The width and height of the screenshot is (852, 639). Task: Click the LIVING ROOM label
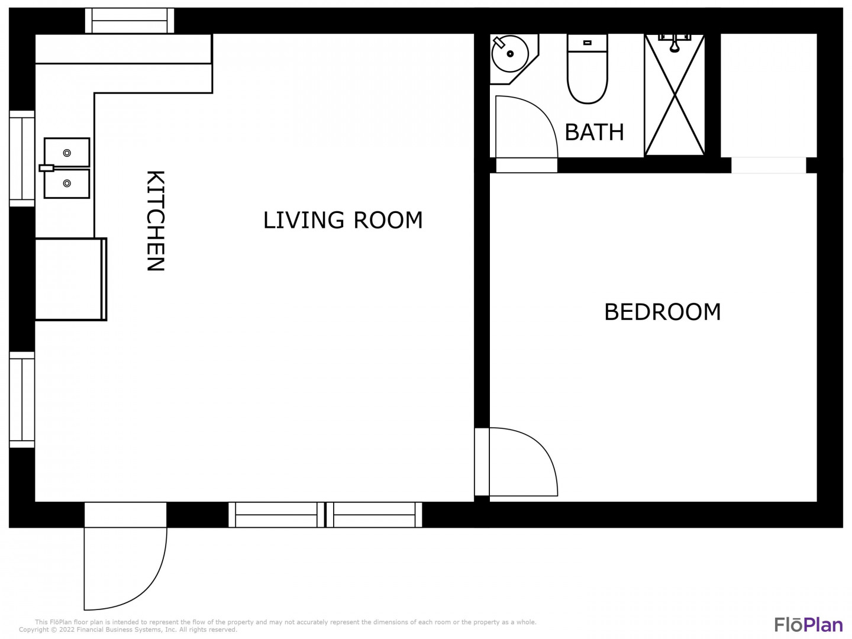click(x=343, y=220)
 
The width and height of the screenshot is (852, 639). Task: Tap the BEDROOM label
click(x=662, y=312)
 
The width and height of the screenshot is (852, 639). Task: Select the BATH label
click(x=594, y=133)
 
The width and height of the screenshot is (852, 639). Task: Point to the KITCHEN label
click(x=156, y=220)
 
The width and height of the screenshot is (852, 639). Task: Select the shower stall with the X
click(x=674, y=95)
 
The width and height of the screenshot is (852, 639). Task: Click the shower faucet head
click(x=674, y=43)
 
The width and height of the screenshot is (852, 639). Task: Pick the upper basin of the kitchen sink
click(x=67, y=153)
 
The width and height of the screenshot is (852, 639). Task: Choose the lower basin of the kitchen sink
click(x=67, y=183)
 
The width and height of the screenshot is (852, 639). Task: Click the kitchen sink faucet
click(x=46, y=168)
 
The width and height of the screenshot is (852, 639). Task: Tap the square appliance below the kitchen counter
click(x=70, y=279)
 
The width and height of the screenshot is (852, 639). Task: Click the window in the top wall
click(x=130, y=21)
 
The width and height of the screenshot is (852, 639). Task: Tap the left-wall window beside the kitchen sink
click(x=22, y=159)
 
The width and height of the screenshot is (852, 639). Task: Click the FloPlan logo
click(x=809, y=625)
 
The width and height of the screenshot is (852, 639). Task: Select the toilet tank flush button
click(x=588, y=43)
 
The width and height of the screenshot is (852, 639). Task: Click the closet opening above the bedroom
click(x=769, y=165)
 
